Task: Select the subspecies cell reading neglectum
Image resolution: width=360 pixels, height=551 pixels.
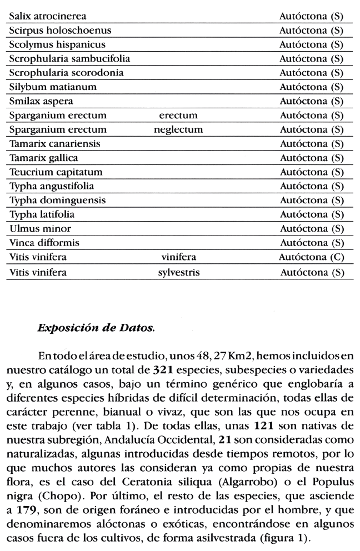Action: [178, 130]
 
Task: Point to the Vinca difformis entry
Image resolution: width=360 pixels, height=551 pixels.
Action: [44, 243]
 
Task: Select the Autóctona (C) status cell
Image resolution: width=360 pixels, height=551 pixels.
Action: [312, 257]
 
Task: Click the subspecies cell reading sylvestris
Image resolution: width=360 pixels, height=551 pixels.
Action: [178, 272]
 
